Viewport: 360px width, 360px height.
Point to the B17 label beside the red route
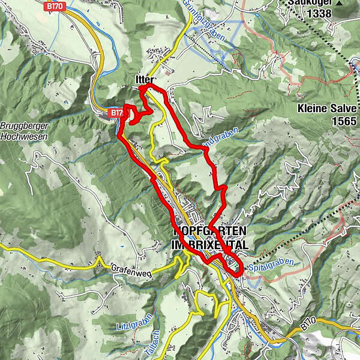click(x=115, y=112)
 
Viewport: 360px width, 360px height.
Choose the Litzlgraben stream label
click(x=136, y=326)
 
